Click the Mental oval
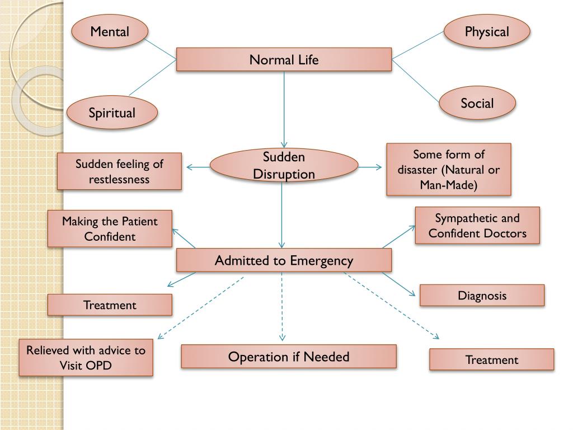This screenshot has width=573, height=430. [x=110, y=31]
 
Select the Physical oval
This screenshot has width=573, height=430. [x=487, y=31]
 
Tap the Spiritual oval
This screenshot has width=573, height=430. [x=112, y=113]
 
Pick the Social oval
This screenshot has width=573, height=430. [x=477, y=103]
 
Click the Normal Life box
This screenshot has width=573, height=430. [x=284, y=59]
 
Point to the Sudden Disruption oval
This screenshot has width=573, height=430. [x=284, y=166]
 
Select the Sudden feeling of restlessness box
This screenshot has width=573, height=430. [x=120, y=171]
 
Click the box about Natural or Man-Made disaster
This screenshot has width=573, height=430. [x=448, y=169]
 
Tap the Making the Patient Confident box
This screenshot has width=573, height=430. [x=110, y=228]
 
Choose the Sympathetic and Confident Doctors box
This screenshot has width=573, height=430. [x=477, y=225]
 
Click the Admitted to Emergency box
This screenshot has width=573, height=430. [x=284, y=260]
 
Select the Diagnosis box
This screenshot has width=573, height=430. [x=482, y=295]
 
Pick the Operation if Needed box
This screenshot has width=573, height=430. [x=289, y=357]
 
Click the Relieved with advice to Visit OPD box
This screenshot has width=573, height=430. [x=86, y=358]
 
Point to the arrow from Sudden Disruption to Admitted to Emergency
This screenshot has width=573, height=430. [x=281, y=216]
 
